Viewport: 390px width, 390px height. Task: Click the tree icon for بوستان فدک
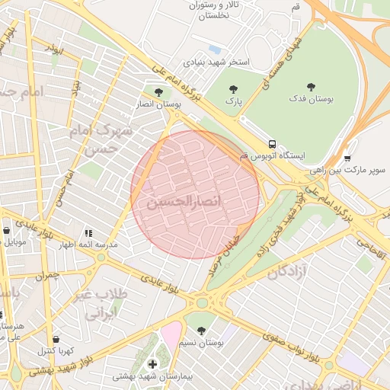[x=310, y=87]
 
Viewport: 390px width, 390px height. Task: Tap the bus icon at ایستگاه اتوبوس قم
[x=271, y=143]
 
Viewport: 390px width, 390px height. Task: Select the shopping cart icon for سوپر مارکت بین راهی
[x=347, y=158]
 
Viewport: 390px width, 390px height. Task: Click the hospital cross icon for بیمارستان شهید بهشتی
[x=152, y=364]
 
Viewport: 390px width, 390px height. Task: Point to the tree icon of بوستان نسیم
[x=201, y=331]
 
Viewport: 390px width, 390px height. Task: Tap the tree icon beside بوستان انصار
[x=158, y=91]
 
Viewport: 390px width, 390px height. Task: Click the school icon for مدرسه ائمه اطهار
[x=88, y=233]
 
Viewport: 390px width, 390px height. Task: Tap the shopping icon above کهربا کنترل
[x=55, y=340]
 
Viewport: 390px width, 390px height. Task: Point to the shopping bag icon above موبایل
[x=7, y=230]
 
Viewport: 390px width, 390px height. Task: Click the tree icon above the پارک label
[x=232, y=88]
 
